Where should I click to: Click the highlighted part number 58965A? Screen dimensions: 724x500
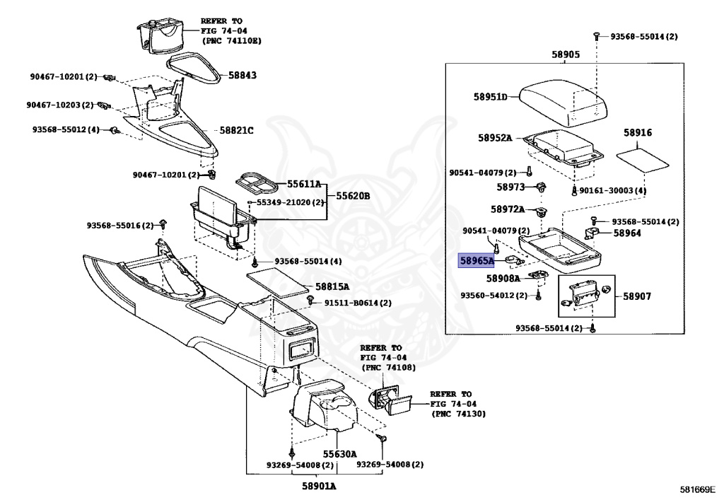click(476, 261)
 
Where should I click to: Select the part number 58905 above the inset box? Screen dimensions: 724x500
click(565, 54)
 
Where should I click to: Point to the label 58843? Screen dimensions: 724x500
click(243, 75)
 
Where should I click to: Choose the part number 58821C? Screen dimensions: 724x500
click(236, 131)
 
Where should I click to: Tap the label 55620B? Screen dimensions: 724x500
click(353, 196)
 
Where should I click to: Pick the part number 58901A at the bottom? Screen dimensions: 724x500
click(319, 486)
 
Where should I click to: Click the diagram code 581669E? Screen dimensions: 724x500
click(699, 489)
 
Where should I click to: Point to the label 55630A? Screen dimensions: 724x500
click(339, 454)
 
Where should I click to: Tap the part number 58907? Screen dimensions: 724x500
click(637, 296)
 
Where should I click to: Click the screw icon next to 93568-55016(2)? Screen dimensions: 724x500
click(163, 224)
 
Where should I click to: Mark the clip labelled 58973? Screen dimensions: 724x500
click(542, 188)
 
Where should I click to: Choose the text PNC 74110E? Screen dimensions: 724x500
click(232, 40)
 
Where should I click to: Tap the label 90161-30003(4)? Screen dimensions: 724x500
click(613, 190)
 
